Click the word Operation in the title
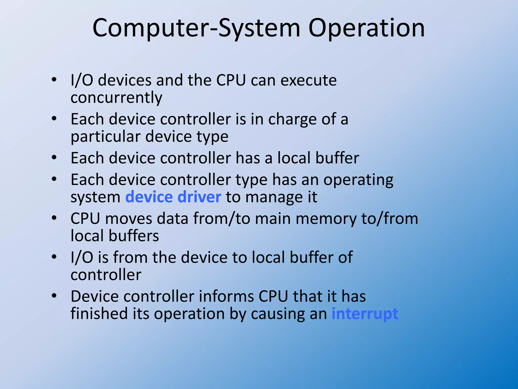[366, 28]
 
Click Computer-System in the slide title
[196, 28]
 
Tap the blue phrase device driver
[173, 197]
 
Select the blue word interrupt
[365, 314]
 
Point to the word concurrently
[116, 98]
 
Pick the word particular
[105, 137]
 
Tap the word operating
[358, 180]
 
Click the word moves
[129, 219]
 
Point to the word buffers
[134, 236]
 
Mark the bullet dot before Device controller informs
[54, 296]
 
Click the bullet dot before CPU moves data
[54, 218]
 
